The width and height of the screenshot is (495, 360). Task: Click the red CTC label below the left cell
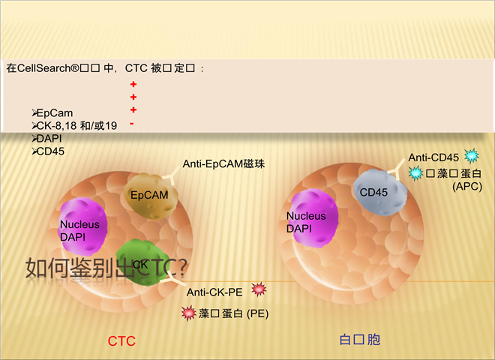coord(121,341)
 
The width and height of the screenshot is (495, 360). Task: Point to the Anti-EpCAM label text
coord(224,163)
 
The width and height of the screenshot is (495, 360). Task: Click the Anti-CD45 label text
coord(433,157)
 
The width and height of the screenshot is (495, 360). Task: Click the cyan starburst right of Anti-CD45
coord(472,156)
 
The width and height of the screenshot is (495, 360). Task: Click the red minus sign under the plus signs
coord(132,123)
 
